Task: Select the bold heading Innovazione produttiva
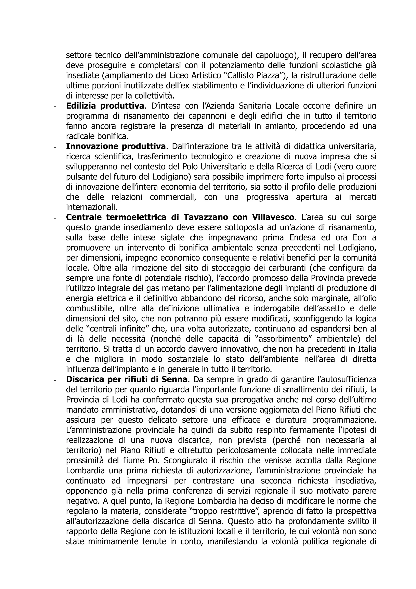tap(116, 147)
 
